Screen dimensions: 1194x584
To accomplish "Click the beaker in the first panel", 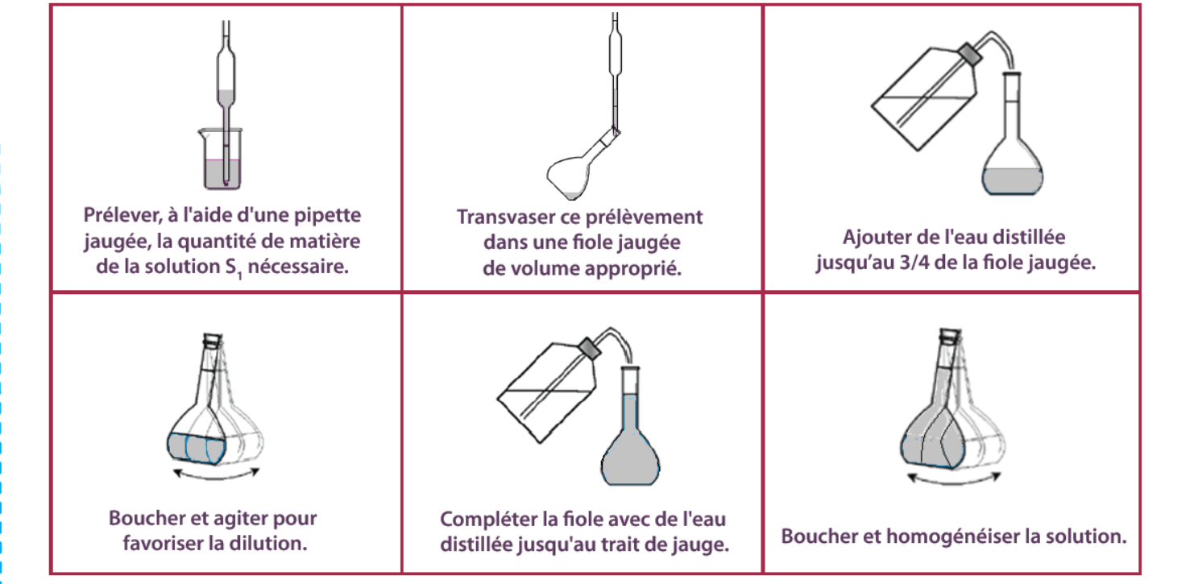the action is pos(221,159).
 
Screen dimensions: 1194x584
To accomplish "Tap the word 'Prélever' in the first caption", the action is pos(122,215).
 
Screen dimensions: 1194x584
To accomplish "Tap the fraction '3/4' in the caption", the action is pos(913,263).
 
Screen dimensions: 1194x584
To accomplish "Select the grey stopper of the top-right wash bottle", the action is pos(970,54).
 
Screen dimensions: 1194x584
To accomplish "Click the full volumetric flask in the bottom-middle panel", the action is pos(631,425).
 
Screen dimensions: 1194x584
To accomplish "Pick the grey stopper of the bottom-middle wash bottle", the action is pos(590,348).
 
